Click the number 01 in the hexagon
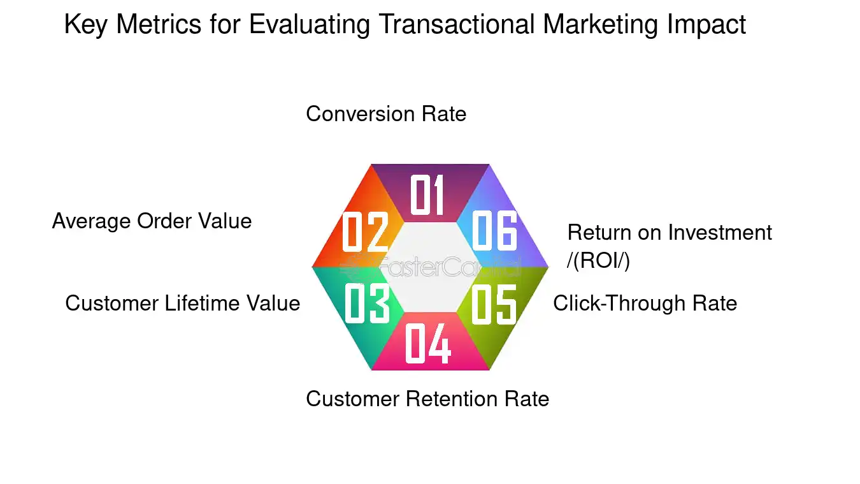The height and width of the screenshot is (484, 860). coord(427,195)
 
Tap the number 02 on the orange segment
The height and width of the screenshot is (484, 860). coord(365,231)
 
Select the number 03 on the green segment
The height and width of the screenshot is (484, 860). coord(366,304)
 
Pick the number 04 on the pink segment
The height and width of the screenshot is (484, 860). coord(428,343)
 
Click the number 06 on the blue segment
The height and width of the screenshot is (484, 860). coord(494,231)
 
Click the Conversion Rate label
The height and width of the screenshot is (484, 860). coord(386,114)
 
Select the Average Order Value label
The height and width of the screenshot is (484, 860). coord(152,221)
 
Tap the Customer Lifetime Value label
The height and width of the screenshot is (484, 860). coord(182,303)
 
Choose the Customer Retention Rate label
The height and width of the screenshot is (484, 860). coord(427,399)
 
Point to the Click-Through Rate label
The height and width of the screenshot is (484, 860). coord(645,303)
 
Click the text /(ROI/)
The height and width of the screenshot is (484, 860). coord(598,261)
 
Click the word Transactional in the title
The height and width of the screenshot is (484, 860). coord(456,25)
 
